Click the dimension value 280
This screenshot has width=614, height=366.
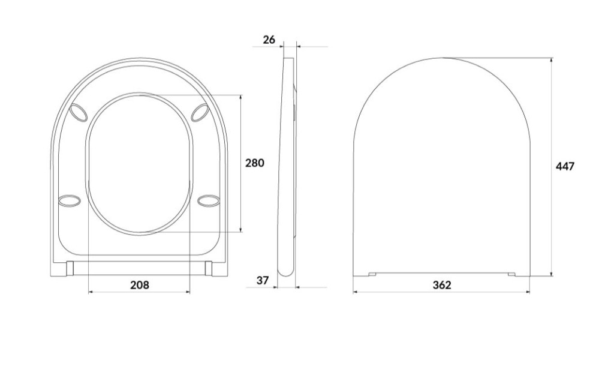[254, 163]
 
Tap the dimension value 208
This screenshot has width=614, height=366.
[140, 285]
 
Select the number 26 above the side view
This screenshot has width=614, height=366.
[269, 40]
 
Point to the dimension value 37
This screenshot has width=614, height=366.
[263, 281]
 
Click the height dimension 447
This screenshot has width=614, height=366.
[565, 167]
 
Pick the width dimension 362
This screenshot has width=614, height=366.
[442, 285]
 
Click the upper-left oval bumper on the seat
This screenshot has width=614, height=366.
[78, 113]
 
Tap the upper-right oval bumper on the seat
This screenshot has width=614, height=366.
[200, 113]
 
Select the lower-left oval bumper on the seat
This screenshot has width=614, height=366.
[70, 200]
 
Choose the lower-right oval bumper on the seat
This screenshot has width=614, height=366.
[209, 200]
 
